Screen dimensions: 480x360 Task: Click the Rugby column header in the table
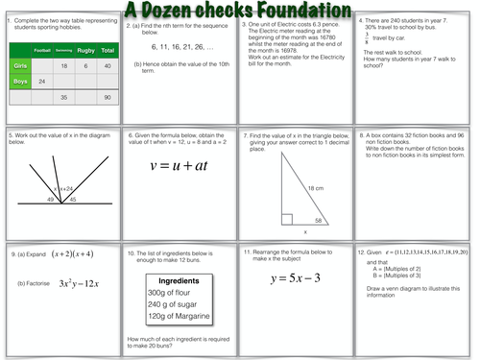point(84,48)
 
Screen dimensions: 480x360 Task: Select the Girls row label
point(20,65)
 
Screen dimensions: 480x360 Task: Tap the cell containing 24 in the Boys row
point(41,82)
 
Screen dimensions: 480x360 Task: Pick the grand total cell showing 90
point(107,98)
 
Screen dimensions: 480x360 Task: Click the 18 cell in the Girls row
point(63,65)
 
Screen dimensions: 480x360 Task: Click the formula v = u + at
point(179,172)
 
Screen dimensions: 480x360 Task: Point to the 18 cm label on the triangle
point(316,188)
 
